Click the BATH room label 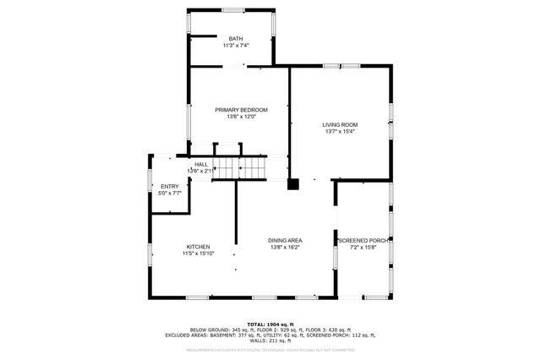[235, 39]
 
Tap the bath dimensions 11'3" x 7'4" [235, 46]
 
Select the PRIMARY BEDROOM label [241, 110]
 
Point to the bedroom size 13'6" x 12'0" [241, 117]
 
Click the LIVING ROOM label [340, 125]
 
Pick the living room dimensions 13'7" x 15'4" [340, 132]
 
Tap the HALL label [201, 165]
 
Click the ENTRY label [169, 187]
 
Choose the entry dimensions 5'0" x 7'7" [169, 194]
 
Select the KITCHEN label [199, 247]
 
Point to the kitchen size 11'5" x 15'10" [199, 254]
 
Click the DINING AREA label [286, 241]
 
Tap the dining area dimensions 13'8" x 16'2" [286, 248]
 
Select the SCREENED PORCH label [363, 241]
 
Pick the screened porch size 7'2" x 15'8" [363, 248]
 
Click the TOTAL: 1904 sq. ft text [270, 324]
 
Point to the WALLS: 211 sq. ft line [270, 341]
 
